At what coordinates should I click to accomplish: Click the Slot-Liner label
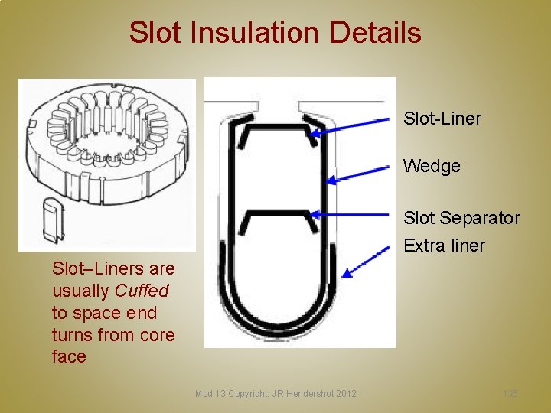(442, 119)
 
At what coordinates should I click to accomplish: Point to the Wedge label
(432, 166)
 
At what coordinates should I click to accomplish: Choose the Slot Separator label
(461, 218)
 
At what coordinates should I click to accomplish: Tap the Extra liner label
(444, 246)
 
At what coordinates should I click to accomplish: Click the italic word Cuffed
(142, 291)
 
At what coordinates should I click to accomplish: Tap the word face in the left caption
(69, 356)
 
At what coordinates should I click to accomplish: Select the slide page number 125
(510, 393)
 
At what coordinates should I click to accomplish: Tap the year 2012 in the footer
(345, 393)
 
